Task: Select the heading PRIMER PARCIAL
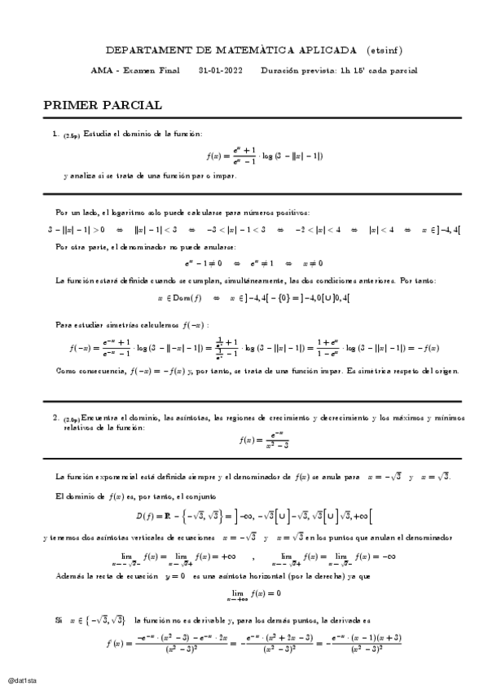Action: tap(103, 105)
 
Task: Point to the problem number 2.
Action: tap(55, 418)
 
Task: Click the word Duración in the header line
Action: tap(277, 70)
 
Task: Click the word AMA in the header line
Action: tap(99, 70)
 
